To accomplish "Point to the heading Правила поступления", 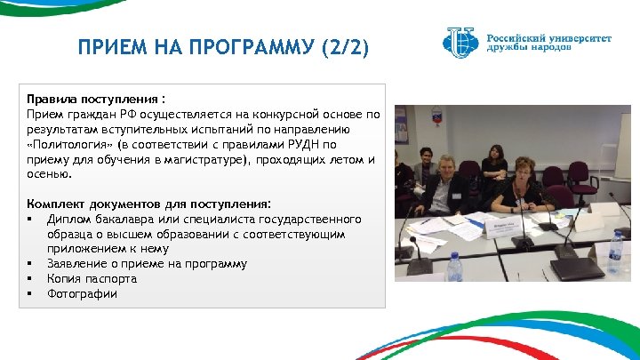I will point(96,100).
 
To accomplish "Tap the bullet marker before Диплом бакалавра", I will point(30,219).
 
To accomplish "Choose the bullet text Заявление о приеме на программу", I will point(148,264).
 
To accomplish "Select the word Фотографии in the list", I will point(82,294).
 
